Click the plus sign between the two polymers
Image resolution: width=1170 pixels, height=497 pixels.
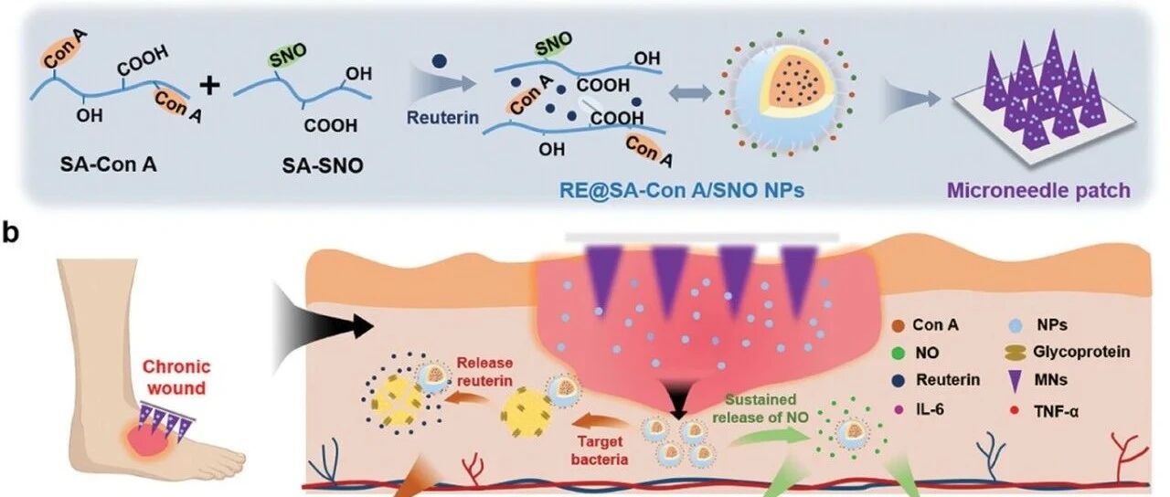tap(211, 86)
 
